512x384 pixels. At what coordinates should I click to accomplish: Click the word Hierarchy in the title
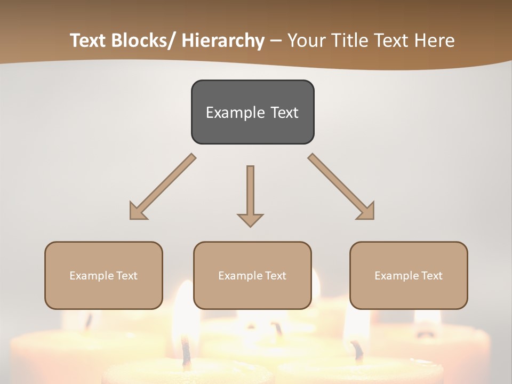coord(223,41)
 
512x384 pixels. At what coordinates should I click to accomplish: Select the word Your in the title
coord(306,41)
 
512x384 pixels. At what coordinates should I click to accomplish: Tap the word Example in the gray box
coord(235,113)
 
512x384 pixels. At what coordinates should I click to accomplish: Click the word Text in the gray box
coord(283,113)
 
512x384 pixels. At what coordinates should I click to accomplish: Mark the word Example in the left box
coord(92,276)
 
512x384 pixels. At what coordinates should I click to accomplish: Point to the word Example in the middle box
coord(241,276)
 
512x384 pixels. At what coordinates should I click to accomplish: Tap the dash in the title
coord(276,41)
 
